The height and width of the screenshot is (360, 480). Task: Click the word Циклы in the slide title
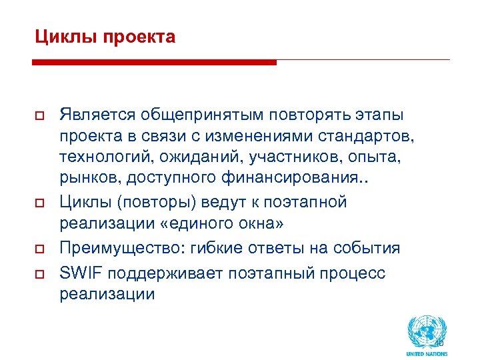(59, 37)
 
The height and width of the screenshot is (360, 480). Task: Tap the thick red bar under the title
(154, 63)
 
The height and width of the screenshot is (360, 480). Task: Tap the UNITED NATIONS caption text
(427, 353)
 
